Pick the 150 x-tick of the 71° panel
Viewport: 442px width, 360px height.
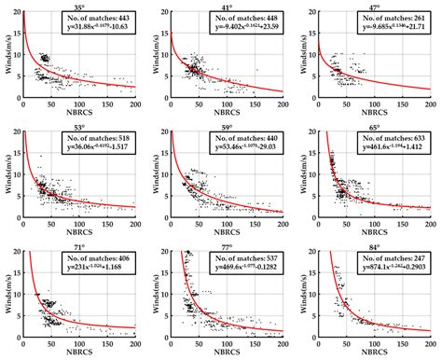(x=105, y=337)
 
